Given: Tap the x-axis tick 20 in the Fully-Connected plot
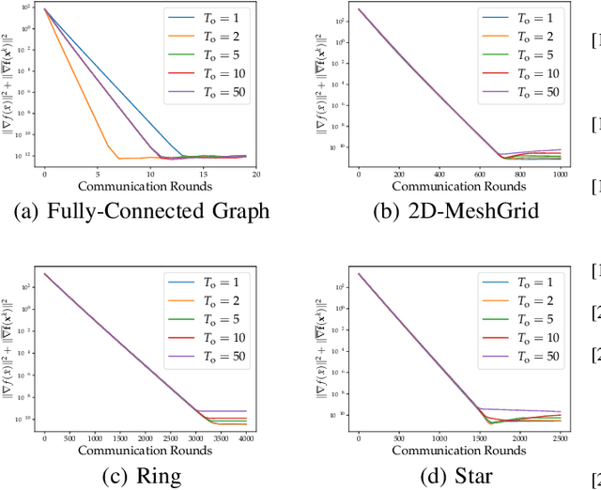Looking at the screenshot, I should tap(256, 175).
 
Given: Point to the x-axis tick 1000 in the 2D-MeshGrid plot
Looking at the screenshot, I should tap(562, 175).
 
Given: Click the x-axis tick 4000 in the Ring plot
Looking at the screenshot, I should tap(247, 438).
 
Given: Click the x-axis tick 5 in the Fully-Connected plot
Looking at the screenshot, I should tap(99, 175).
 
